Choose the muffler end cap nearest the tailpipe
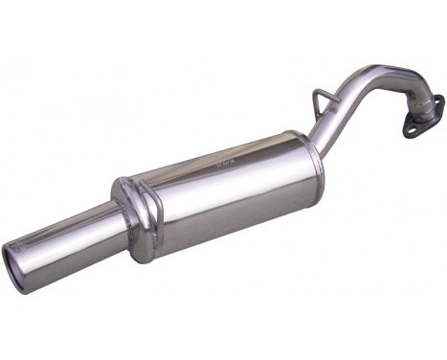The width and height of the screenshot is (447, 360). [126, 206]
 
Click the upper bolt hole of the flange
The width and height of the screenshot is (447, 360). [437, 100]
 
